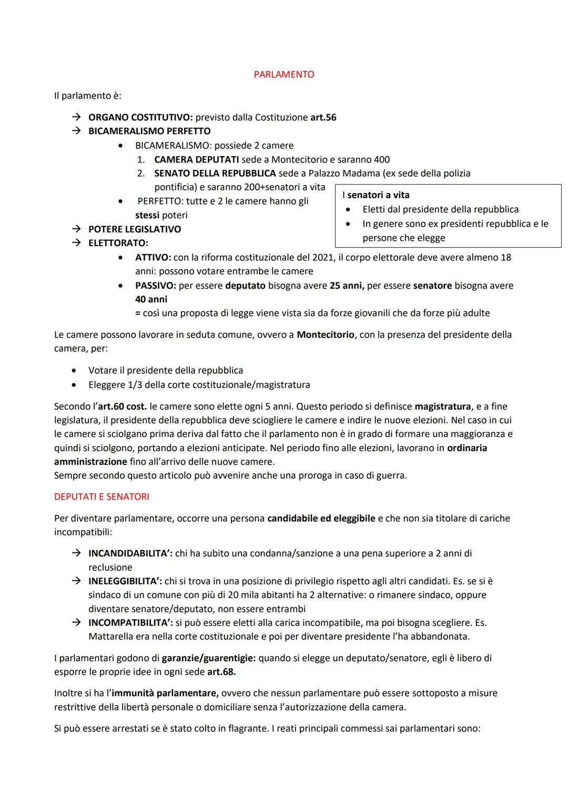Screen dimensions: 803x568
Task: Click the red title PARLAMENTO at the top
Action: click(283, 75)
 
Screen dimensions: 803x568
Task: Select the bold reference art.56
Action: click(323, 117)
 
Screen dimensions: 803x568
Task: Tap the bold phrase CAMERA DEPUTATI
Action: click(196, 159)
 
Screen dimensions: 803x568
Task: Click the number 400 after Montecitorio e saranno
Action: click(381, 159)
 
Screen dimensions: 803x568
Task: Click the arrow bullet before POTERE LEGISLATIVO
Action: click(76, 229)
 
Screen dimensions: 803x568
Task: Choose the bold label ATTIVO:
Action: click(153, 257)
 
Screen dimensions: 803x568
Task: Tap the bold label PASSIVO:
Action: click(156, 286)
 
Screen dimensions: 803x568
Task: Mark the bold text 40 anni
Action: click(151, 299)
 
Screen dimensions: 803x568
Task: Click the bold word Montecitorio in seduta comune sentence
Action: click(325, 334)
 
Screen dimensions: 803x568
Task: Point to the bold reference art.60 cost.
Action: click(122, 406)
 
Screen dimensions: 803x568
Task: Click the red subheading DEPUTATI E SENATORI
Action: click(102, 497)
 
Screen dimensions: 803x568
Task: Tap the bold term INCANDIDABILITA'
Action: click(130, 553)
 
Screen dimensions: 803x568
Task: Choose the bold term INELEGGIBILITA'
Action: click(126, 581)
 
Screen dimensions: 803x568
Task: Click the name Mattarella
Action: click(113, 636)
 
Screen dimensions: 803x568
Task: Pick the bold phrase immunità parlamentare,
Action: click(165, 693)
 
